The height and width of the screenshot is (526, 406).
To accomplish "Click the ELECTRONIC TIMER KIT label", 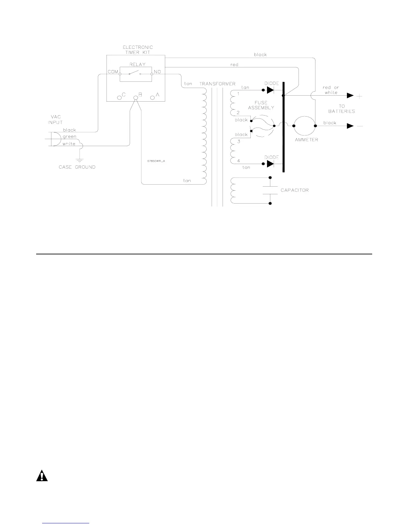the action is [138, 50].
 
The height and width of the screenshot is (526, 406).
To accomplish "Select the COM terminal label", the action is [113, 72].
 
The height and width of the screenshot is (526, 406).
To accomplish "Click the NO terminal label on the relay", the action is [157, 72].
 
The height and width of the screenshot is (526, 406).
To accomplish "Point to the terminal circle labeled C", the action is [119, 98].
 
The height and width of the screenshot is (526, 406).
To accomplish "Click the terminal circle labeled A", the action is [152, 98].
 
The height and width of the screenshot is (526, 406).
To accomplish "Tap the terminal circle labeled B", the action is [135, 98].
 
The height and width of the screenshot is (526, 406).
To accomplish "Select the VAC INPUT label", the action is [56, 120].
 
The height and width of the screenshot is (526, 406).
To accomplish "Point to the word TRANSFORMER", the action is [217, 84].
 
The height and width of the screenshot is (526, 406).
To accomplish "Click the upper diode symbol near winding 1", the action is [270, 90].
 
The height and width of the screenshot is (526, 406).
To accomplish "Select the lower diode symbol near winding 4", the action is [270, 164].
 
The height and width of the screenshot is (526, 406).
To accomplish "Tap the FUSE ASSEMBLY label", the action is [261, 105].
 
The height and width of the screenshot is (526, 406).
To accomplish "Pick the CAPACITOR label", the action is [295, 190].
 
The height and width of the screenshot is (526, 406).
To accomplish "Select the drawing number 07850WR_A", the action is [156, 161].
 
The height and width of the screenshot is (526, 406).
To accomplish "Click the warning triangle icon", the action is [42, 476].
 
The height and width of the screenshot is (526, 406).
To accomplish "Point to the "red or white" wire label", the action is [331, 90].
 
